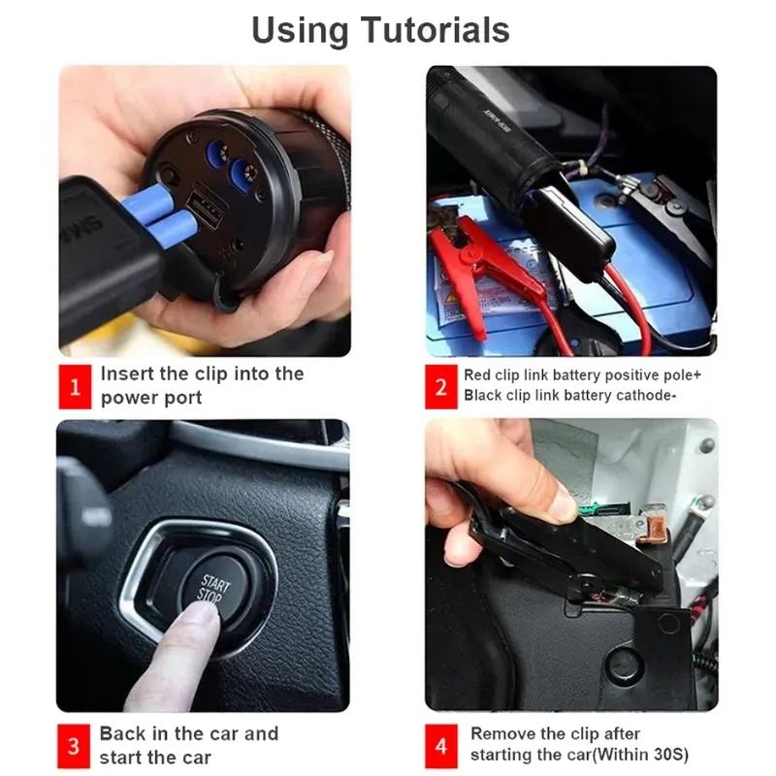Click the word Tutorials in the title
435,31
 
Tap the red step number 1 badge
75,387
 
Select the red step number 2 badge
441,387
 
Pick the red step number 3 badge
74,746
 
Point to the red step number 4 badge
441,746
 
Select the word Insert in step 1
127,373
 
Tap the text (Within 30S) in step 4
640,755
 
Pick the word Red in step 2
476,375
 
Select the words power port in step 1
151,399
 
